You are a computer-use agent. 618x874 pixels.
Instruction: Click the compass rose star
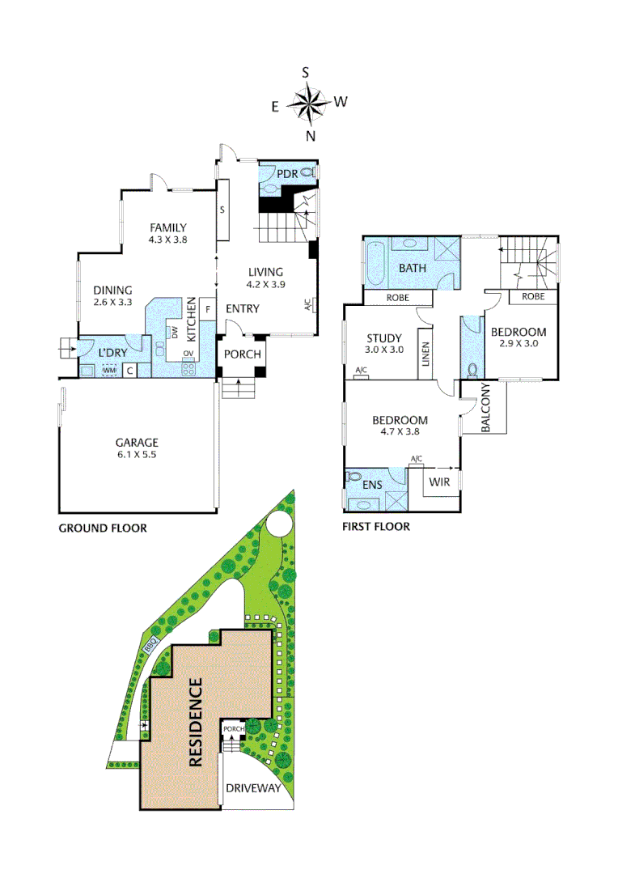(307, 103)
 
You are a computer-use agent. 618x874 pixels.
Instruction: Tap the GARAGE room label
(136, 443)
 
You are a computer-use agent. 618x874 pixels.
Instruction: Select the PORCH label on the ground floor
(242, 354)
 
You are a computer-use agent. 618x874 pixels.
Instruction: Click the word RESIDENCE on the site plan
(196, 723)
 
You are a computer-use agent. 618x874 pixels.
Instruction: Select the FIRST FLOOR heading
(376, 527)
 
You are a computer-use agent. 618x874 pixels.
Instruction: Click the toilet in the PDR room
(307, 172)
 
